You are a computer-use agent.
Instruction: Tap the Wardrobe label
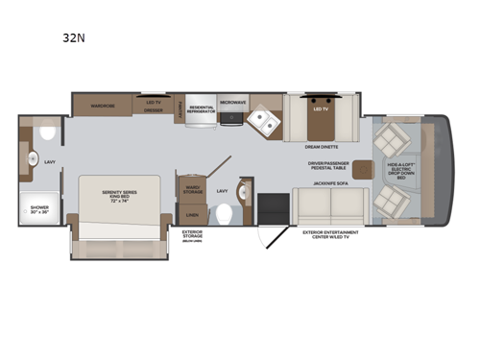pyautogui.click(x=103, y=104)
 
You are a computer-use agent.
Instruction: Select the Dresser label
pyautogui.click(x=153, y=110)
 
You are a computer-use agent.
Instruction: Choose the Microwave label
pyautogui.click(x=232, y=101)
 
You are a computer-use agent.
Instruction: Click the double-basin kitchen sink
pyautogui.click(x=261, y=121)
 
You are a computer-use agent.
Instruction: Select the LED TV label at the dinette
pyautogui.click(x=321, y=108)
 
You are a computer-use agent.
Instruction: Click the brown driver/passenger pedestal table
pyautogui.click(x=362, y=170)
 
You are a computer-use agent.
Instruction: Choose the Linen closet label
pyautogui.click(x=190, y=215)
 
